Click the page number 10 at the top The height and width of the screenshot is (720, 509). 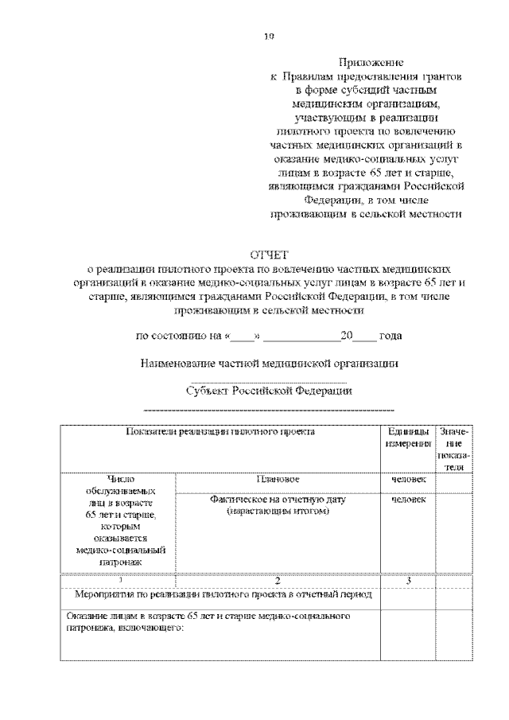[x=270, y=35]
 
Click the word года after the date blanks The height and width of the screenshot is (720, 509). [x=390, y=336]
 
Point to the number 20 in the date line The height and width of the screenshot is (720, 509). [x=345, y=336]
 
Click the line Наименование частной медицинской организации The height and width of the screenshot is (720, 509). [x=269, y=364]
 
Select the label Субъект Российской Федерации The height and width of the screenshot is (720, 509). [x=269, y=391]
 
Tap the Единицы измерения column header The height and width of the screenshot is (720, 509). [x=406, y=438]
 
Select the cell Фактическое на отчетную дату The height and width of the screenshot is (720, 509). [x=277, y=505]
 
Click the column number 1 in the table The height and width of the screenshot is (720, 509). [x=119, y=581]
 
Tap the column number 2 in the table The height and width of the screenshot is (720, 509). [x=277, y=581]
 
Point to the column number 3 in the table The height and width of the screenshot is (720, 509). [x=407, y=581]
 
